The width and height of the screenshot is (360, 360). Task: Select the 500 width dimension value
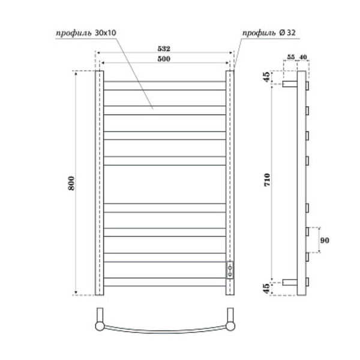(x=163, y=59)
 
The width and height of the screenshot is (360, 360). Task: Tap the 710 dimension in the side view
(x=267, y=180)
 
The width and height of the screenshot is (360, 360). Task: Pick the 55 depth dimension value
(x=290, y=58)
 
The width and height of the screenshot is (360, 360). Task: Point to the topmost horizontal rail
(x=164, y=81)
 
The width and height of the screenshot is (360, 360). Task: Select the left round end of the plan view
(x=99, y=326)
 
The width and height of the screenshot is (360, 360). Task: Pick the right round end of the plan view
(x=229, y=326)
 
